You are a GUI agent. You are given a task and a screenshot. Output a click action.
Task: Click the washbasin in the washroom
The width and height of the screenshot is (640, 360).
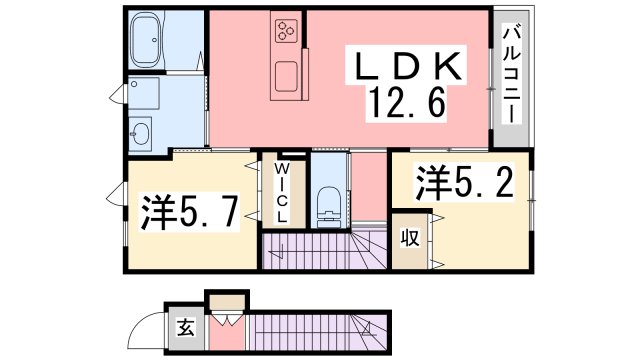[x=141, y=133]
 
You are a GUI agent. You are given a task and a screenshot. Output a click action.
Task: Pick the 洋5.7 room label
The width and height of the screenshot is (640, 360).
[x=190, y=211]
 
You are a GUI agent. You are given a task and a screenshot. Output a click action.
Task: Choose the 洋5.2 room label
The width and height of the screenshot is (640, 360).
[x=465, y=183]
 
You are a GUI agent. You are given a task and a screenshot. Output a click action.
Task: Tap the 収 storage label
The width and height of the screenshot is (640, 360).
[x=410, y=238]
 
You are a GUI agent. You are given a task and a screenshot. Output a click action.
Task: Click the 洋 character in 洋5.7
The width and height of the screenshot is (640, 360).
[x=157, y=211]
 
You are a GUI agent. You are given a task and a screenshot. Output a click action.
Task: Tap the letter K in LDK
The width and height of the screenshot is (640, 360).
[x=444, y=68]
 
